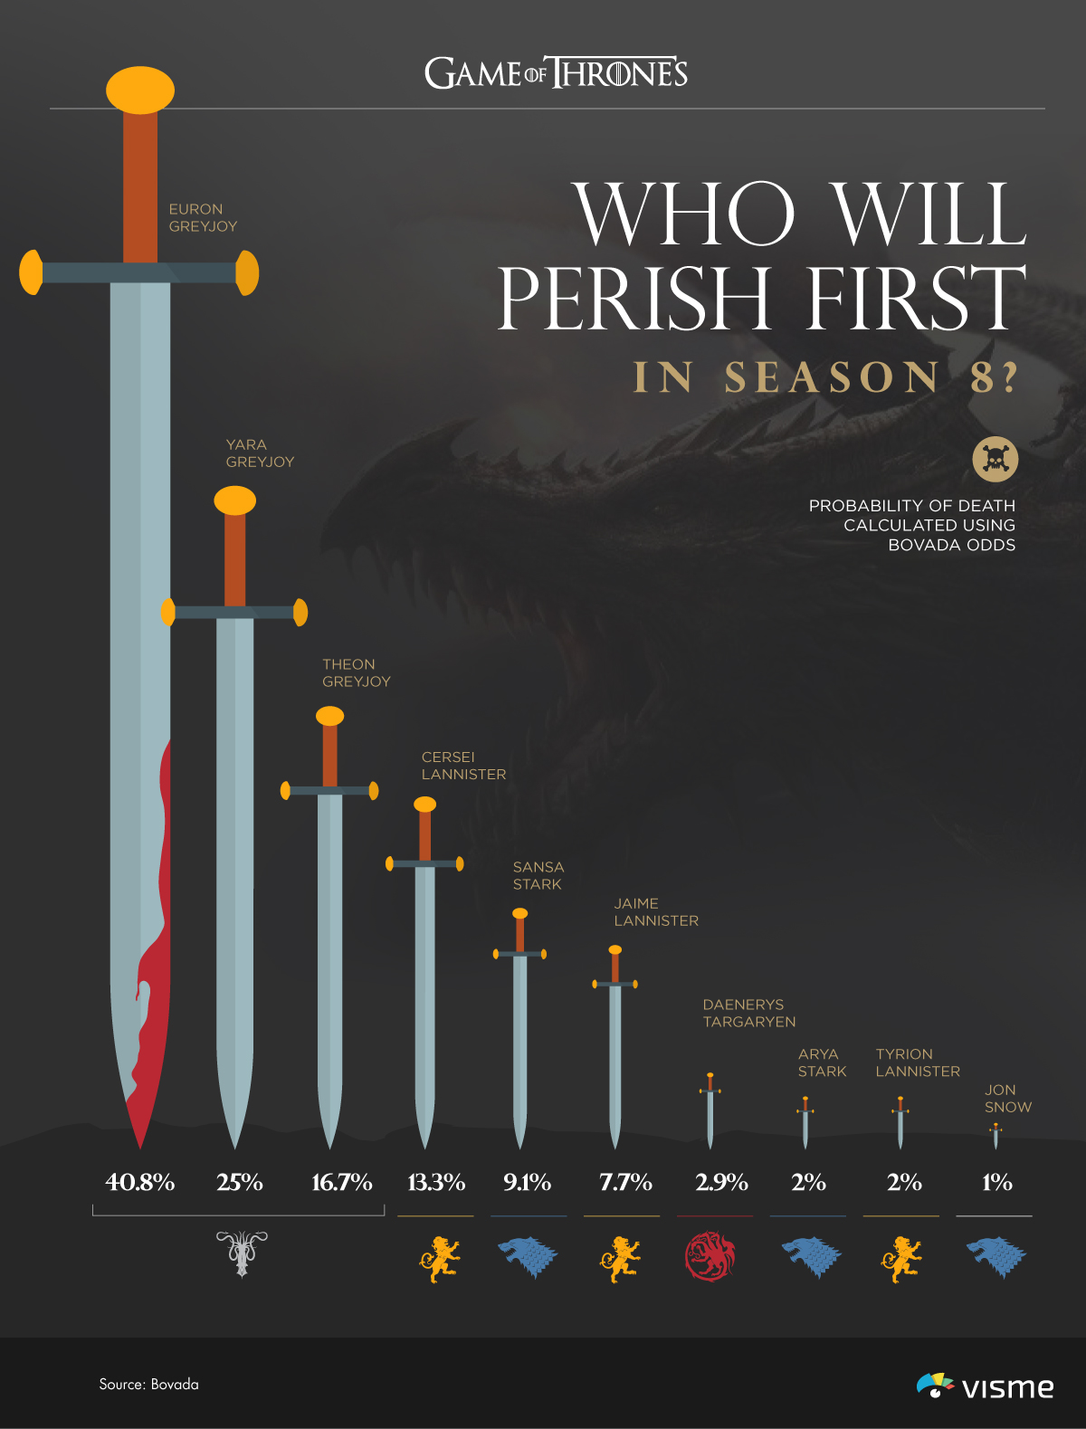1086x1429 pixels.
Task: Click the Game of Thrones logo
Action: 556,73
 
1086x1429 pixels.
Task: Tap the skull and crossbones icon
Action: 995,460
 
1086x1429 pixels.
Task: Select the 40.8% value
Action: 140,1182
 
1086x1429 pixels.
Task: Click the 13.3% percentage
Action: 436,1182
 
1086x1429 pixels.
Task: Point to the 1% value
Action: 996,1182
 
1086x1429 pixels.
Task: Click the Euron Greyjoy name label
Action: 203,217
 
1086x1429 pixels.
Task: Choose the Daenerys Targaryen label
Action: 748,1013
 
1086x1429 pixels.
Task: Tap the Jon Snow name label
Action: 1007,1099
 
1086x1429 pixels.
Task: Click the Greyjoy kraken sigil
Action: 242,1253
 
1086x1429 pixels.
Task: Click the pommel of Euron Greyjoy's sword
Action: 140,90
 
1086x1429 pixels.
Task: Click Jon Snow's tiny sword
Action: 995,1136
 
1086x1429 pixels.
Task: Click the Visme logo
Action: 986,1386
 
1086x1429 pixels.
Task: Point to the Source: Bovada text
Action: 148,1384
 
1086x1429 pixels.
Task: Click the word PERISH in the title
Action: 634,298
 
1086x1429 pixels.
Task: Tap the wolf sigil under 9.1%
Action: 528,1256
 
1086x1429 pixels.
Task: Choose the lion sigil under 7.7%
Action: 620,1258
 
